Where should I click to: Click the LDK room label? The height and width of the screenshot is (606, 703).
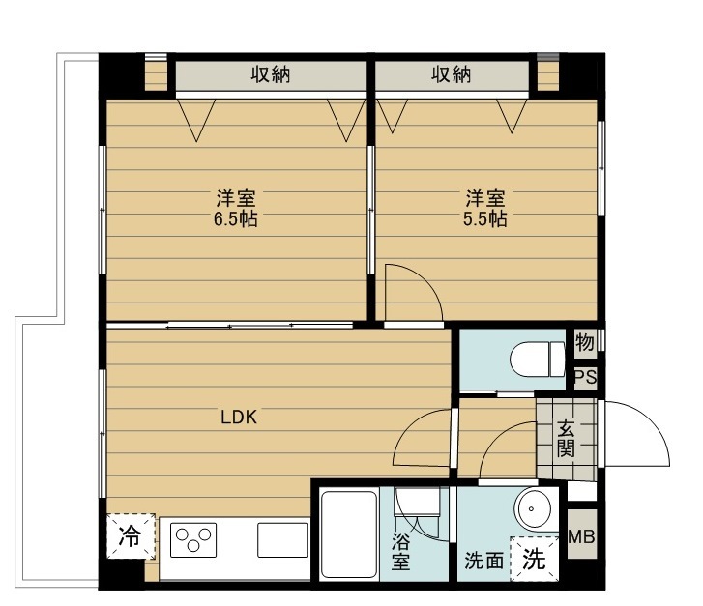point(239,418)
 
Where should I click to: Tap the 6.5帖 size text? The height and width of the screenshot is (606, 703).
point(235,218)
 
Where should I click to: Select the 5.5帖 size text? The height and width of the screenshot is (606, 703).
point(485,218)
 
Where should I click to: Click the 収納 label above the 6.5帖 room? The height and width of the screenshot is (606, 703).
point(271,74)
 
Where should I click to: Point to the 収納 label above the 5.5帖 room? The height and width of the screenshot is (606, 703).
point(451,74)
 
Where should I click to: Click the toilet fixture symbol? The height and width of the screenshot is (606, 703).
point(538,360)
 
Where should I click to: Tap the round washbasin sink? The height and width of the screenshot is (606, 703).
point(535,510)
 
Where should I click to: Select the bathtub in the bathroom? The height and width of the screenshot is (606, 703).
point(349,534)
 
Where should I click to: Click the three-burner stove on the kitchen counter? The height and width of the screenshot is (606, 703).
point(193,539)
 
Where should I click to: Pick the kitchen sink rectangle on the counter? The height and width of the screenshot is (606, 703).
point(282,539)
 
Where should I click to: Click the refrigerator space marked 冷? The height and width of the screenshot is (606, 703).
point(131,536)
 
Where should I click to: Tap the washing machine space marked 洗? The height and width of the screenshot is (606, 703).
point(535,559)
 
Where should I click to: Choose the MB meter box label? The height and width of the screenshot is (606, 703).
point(581,536)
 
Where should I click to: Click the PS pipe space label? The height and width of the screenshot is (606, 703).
point(586,377)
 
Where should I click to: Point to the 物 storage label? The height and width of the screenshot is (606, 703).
point(585,343)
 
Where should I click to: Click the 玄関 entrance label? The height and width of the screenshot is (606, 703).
point(566,440)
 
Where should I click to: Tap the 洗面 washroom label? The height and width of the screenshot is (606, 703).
point(483,561)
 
